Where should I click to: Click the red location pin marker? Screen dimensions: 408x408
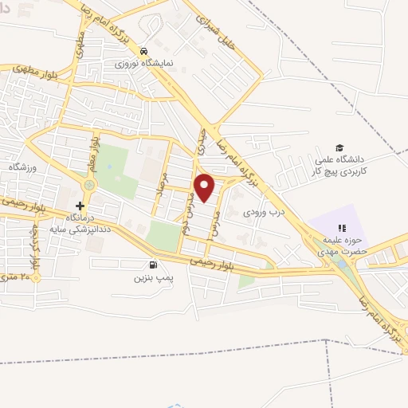205,186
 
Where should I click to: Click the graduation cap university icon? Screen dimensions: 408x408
340,148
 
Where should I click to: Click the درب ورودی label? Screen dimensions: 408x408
264,213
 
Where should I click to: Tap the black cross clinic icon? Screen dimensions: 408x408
80,205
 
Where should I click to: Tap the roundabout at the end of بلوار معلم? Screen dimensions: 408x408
88,184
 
